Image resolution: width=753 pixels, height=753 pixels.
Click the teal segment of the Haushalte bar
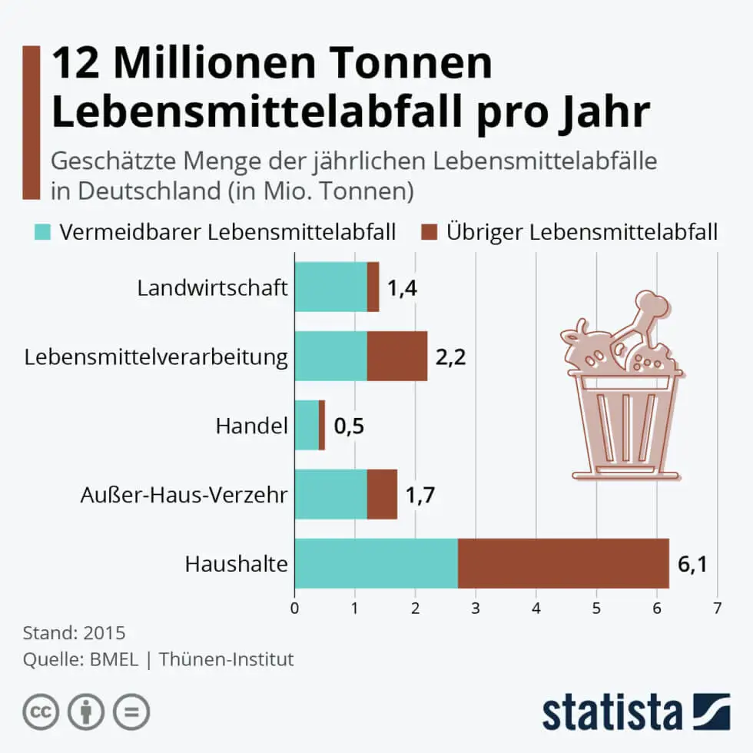pos(376,563)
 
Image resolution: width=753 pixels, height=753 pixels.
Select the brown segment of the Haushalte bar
pos(563,563)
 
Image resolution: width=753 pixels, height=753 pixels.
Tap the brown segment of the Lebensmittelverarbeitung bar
pos(396,356)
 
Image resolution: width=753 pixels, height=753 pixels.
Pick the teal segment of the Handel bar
pos(307,425)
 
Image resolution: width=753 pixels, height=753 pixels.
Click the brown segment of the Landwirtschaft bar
pos(373,287)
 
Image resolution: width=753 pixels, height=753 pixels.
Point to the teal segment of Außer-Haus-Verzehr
pos(330,494)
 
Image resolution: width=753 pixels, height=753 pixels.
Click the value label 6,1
pos(692,566)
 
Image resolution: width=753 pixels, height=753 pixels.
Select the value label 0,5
pos(349,426)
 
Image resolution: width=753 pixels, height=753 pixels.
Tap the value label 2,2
pos(451,357)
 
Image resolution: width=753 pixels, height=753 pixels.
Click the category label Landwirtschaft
pos(212,288)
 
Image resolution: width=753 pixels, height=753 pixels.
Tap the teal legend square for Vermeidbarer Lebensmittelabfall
pos(42,231)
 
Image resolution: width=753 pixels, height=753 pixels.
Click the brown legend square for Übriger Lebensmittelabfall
pos(429,231)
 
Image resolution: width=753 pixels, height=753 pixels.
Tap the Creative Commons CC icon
pos(41,712)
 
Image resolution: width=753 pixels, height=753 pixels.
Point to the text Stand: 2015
pos(74,634)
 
